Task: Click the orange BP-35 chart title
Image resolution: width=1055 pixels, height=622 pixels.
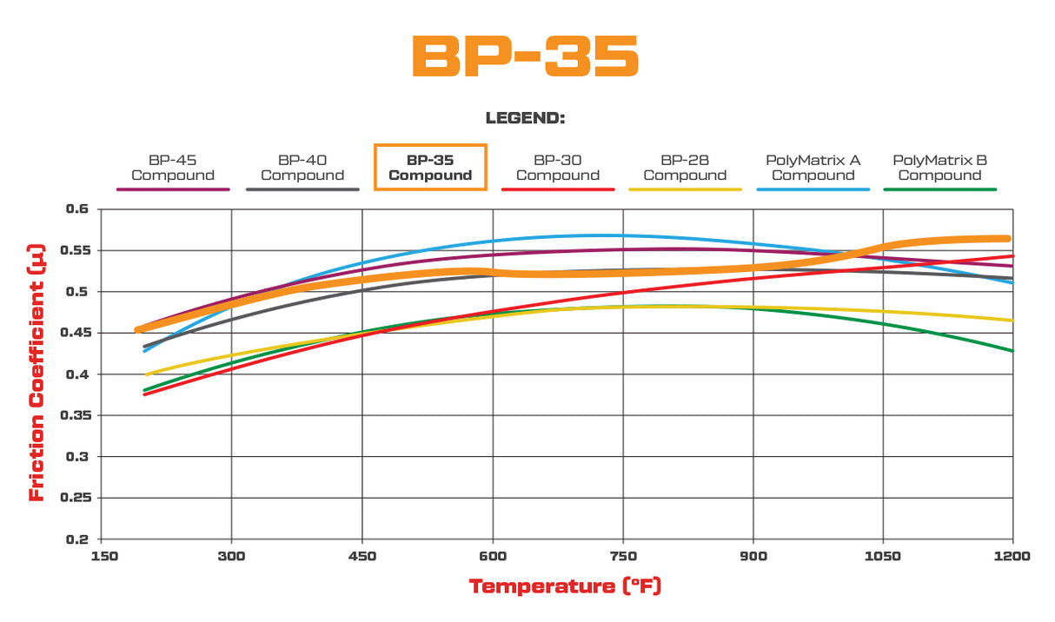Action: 525,57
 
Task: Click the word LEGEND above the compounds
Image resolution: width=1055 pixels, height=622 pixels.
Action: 525,118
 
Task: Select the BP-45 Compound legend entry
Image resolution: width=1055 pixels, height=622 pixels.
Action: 172,168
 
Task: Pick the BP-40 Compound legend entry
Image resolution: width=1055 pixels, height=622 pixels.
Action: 302,168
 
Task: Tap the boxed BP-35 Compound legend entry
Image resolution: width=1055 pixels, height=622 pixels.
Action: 430,167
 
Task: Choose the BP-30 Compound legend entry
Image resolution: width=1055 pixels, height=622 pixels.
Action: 557,168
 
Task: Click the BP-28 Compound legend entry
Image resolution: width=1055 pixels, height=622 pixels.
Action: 685,168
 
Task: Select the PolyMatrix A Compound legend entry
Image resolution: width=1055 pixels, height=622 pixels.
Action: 813,168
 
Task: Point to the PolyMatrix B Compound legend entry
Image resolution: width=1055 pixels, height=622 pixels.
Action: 939,168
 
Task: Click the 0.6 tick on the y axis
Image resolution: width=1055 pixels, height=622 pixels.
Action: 77,209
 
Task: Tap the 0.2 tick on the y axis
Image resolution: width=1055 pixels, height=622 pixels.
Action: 77,539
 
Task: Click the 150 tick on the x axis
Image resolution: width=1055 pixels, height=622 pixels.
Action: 103,556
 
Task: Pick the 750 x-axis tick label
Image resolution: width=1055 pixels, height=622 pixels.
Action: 622,556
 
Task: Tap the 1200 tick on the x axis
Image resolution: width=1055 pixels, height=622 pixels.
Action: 1012,556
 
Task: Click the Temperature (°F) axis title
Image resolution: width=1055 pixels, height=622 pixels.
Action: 565,586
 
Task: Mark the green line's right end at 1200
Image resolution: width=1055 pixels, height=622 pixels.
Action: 1012,351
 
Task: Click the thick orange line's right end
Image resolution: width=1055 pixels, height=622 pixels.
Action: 1008,238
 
